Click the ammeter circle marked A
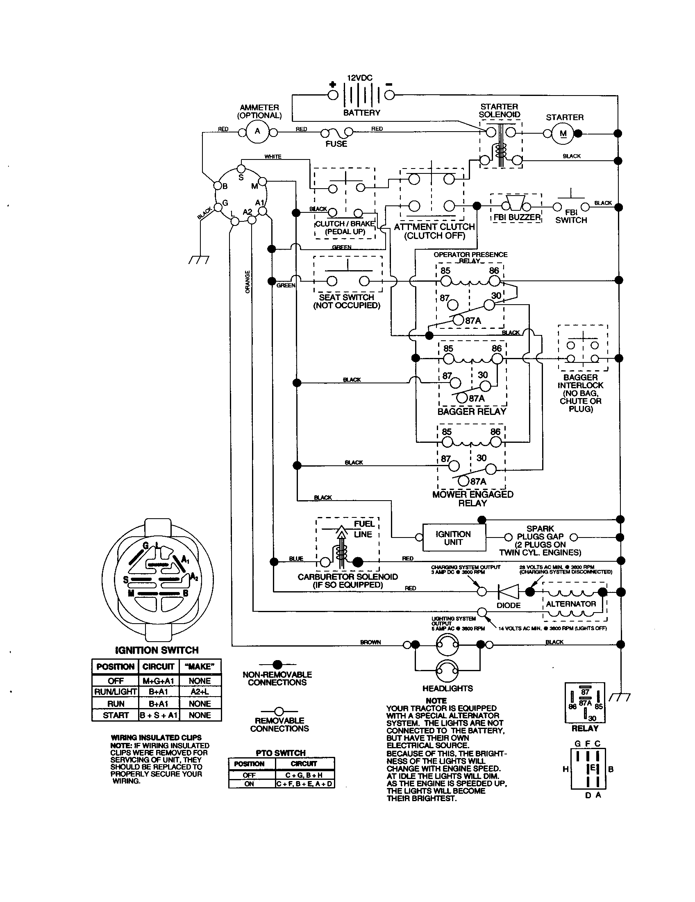(x=257, y=132)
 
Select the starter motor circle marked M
(x=563, y=133)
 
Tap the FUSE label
(x=336, y=144)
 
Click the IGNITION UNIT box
(x=454, y=538)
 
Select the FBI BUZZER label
(x=517, y=217)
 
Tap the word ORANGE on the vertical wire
(x=248, y=282)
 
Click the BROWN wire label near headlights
(x=370, y=642)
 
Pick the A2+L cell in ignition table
(x=200, y=692)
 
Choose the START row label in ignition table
(x=116, y=715)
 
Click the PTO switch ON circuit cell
(x=304, y=784)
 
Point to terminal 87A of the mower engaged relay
(x=464, y=481)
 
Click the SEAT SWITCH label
(x=346, y=297)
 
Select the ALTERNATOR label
(x=571, y=604)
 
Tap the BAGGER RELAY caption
(x=471, y=411)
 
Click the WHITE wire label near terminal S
(x=273, y=157)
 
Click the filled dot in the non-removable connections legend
(x=277, y=665)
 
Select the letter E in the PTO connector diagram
(x=593, y=768)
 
